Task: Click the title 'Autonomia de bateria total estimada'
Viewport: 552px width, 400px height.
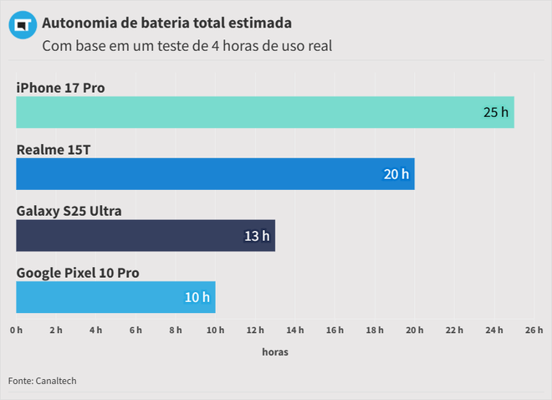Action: [167, 21]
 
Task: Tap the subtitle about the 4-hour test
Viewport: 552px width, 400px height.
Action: [187, 46]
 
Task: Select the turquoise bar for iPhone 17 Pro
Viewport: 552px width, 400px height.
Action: [251, 112]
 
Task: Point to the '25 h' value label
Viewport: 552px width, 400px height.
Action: [495, 112]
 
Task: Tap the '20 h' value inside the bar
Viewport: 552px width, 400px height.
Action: [396, 174]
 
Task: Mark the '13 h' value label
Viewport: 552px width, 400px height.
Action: [257, 236]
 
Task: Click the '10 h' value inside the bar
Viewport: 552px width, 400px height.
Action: [197, 297]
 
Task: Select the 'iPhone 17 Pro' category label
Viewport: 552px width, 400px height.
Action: [60, 88]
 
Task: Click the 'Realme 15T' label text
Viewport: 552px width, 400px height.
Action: [54, 150]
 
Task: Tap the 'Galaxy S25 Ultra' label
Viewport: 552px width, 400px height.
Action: [69, 211]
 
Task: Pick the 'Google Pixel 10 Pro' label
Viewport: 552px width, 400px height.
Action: [78, 273]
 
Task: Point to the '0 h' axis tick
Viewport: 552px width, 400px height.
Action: [17, 331]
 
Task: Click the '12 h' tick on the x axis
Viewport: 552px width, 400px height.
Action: [255, 331]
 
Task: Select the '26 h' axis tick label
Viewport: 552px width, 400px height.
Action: [534, 331]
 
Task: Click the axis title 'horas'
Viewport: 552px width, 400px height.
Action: [275, 352]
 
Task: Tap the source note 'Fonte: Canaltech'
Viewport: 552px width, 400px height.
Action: [43, 381]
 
